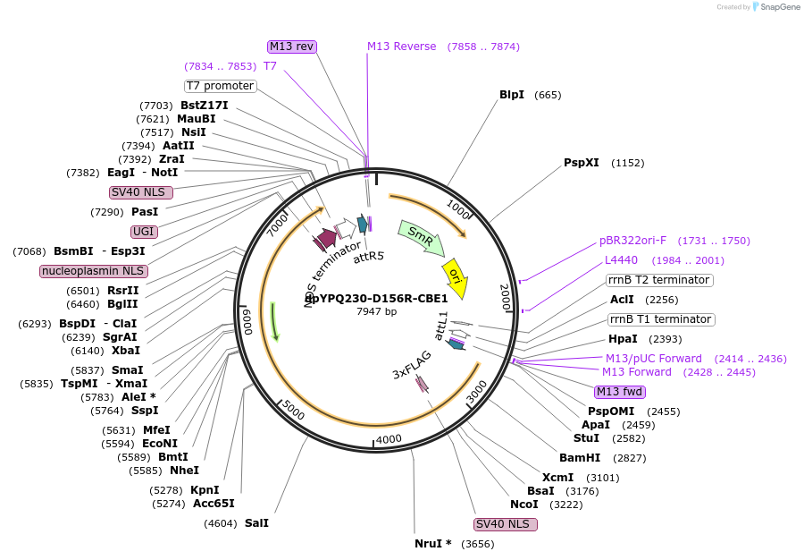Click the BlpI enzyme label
click(512, 95)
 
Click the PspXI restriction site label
click(582, 163)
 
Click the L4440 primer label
click(622, 260)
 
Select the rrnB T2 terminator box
click(659, 280)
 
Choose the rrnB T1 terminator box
click(660, 319)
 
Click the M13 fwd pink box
click(619, 392)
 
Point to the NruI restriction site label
click(433, 544)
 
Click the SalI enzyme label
click(256, 523)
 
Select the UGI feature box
click(144, 232)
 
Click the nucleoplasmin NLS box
click(94, 271)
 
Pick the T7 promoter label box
click(221, 86)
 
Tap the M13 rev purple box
click(292, 47)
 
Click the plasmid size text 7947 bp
click(376, 311)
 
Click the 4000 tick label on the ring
click(389, 439)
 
